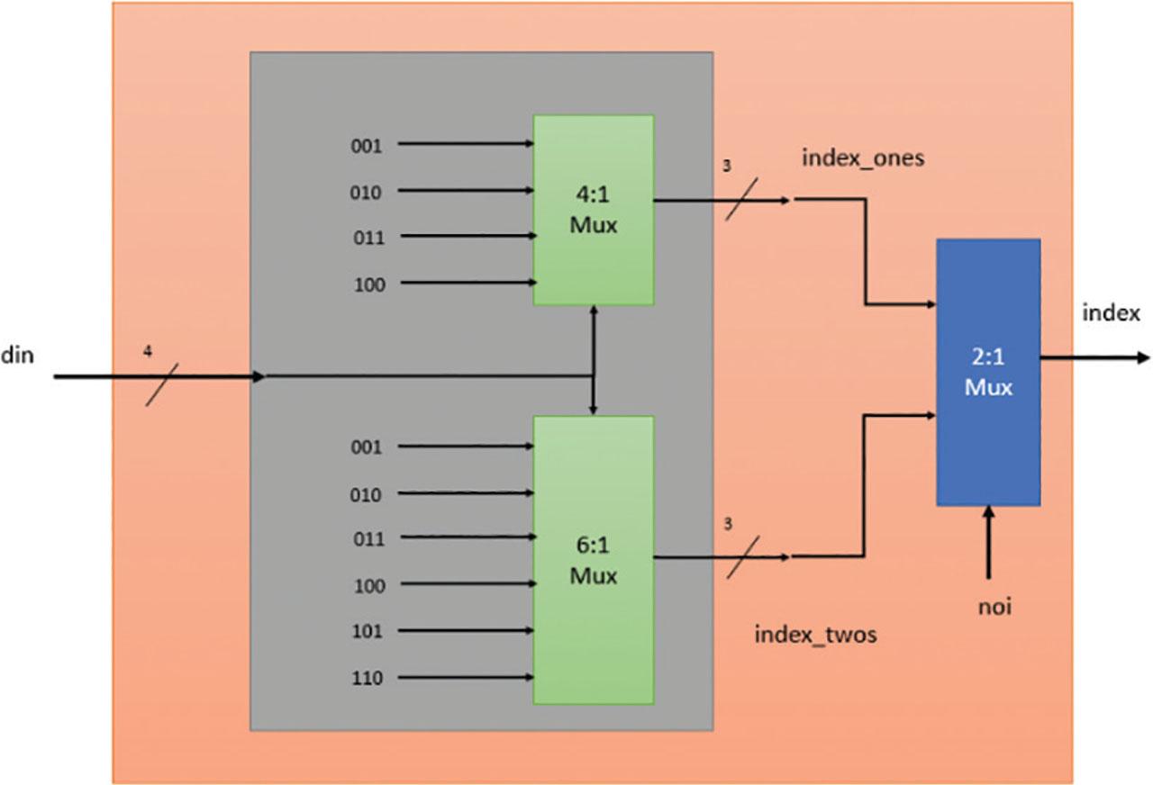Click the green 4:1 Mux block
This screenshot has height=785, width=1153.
[593, 210]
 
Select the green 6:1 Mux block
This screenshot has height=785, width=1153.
[593, 559]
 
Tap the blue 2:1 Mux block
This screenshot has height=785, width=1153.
[988, 372]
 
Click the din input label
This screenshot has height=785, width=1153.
[17, 355]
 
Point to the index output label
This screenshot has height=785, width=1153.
[1111, 313]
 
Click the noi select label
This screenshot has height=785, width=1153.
[994, 608]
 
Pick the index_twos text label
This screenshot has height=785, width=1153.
[815, 636]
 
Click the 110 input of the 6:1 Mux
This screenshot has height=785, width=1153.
[367, 678]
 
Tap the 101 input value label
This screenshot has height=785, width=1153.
[367, 631]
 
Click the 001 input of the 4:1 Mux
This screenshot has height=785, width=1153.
[367, 144]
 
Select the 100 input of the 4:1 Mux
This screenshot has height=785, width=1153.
[368, 284]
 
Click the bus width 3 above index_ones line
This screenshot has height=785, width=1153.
[728, 167]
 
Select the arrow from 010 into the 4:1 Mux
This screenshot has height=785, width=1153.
[465, 191]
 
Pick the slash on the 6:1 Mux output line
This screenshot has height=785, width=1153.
[742, 557]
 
